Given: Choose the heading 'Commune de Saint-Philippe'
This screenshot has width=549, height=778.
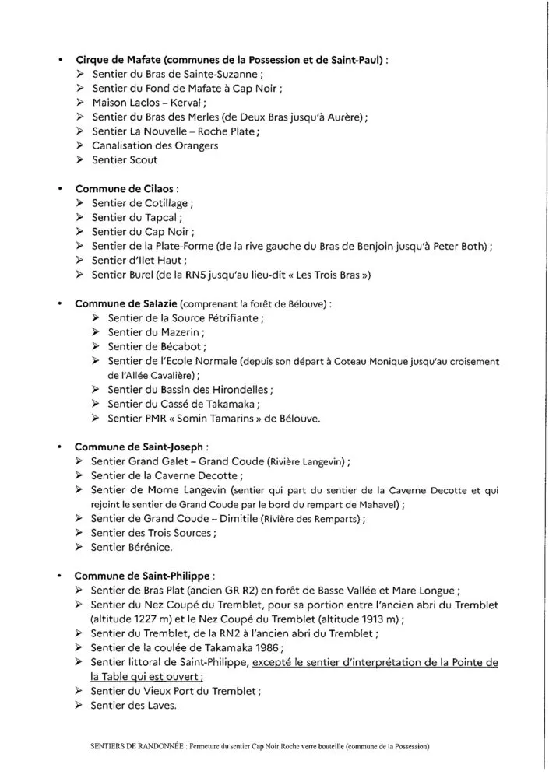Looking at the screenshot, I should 143,576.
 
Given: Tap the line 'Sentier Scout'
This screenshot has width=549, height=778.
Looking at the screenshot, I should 125,159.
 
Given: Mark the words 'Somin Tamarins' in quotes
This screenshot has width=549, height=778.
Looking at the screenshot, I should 223,418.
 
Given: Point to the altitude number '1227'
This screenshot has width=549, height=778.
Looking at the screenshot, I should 160,619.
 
